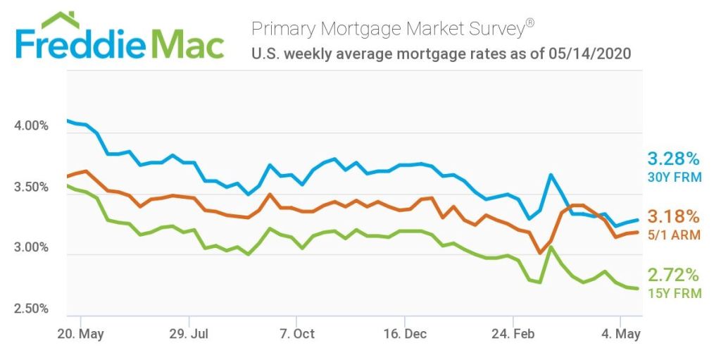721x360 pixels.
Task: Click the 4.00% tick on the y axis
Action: click(31, 126)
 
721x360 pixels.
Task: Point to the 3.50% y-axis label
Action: click(31, 187)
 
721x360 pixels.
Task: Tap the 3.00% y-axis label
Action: click(31, 248)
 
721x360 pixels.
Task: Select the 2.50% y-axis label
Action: click(31, 309)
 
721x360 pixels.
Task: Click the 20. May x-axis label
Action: click(81, 333)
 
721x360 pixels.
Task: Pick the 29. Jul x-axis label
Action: click(189, 333)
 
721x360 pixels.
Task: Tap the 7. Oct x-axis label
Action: click(296, 333)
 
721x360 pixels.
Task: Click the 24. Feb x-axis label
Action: click(513, 333)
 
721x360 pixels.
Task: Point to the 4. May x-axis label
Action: click(620, 333)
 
